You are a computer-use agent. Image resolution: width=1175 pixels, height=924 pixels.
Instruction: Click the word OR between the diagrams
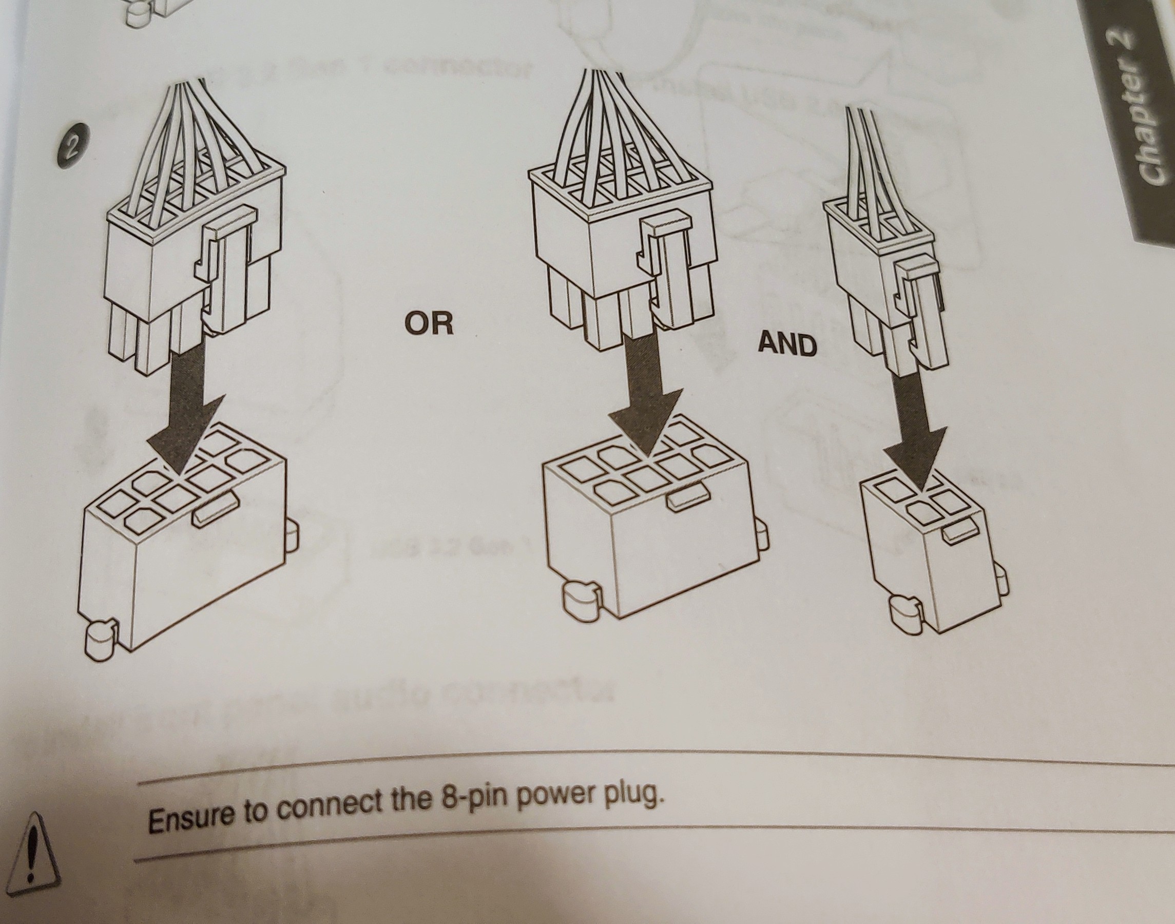coord(429,323)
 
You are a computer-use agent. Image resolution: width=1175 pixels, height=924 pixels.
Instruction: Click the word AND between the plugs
coord(787,344)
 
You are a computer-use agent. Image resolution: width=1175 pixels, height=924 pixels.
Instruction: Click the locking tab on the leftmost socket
coord(215,509)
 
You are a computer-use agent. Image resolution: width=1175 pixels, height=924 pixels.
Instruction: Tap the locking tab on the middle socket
coord(687,496)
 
